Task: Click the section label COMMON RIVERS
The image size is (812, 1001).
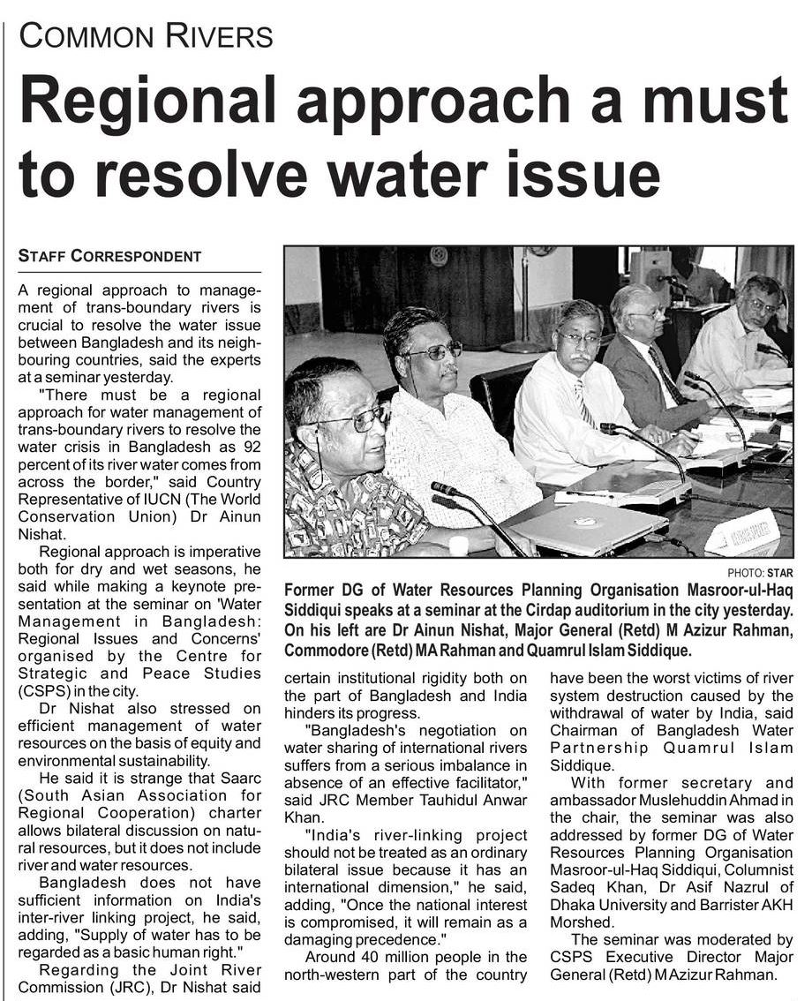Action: pyautogui.click(x=146, y=36)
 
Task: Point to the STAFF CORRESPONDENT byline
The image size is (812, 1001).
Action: pyautogui.click(x=110, y=256)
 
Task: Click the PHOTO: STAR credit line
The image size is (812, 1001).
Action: pyautogui.click(x=760, y=573)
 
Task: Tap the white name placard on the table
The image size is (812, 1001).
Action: pyautogui.click(x=742, y=533)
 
